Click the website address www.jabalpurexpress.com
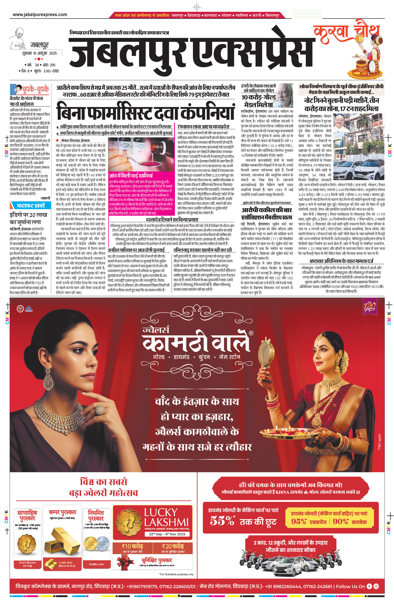(x=40, y=15)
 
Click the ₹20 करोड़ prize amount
(x=173, y=546)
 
